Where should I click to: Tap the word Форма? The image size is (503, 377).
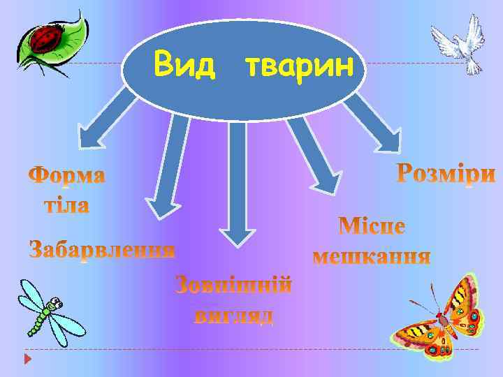point(67,175)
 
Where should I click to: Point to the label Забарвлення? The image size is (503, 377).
point(102,249)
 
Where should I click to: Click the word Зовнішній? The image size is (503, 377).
point(233,286)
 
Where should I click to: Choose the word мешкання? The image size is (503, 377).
point(372,257)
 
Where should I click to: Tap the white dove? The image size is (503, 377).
point(458,43)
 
